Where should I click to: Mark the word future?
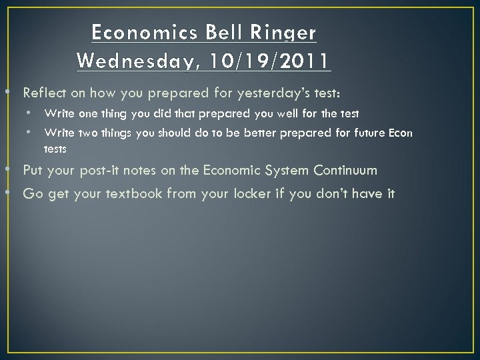click(366, 133)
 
